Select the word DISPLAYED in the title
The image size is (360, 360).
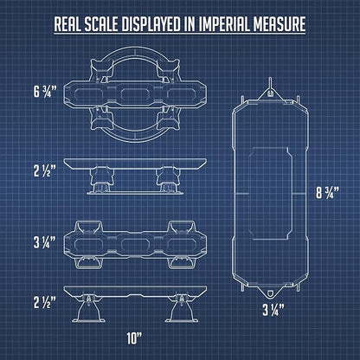151,24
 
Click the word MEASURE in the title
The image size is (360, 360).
280,24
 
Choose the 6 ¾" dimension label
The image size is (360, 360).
45,92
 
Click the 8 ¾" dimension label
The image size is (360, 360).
327,192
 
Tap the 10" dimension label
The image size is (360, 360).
135,338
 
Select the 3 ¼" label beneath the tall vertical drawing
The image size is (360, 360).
273,310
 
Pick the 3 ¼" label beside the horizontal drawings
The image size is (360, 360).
45,242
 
